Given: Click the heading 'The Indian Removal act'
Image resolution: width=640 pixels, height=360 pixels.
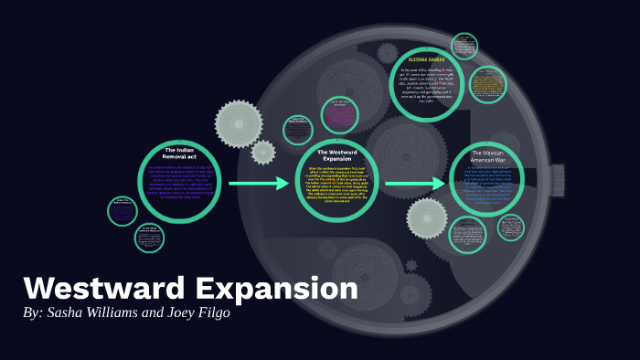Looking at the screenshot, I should [181, 153].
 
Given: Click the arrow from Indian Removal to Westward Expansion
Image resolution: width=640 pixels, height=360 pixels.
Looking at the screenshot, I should [259, 185].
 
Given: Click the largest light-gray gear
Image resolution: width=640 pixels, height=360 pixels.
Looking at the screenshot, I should [239, 122].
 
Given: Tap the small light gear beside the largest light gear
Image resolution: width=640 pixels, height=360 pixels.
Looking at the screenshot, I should [263, 152].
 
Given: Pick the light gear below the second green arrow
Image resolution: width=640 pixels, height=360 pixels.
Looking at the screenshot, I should [426, 218].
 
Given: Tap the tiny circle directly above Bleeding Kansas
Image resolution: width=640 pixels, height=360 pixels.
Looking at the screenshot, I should [465, 45].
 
